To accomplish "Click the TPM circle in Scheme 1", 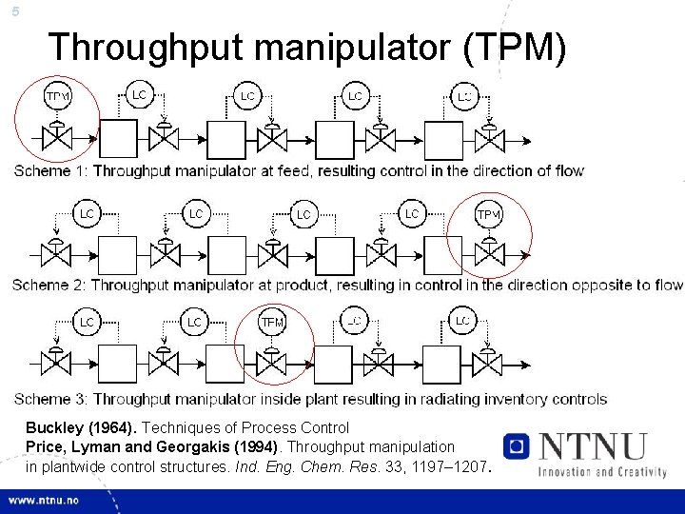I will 57,96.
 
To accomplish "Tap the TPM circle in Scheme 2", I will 488,214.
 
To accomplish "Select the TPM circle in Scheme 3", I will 272,323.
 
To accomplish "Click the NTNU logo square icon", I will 517,446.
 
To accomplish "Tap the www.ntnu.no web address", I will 45,501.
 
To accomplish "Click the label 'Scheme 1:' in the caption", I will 50,171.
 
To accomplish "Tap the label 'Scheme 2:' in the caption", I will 50,285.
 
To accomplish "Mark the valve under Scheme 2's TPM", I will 489,255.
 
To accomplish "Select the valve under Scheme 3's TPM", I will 272,364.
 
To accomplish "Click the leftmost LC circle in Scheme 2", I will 86,214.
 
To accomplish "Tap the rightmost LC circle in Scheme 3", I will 462,322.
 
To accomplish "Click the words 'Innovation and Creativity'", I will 601,470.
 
